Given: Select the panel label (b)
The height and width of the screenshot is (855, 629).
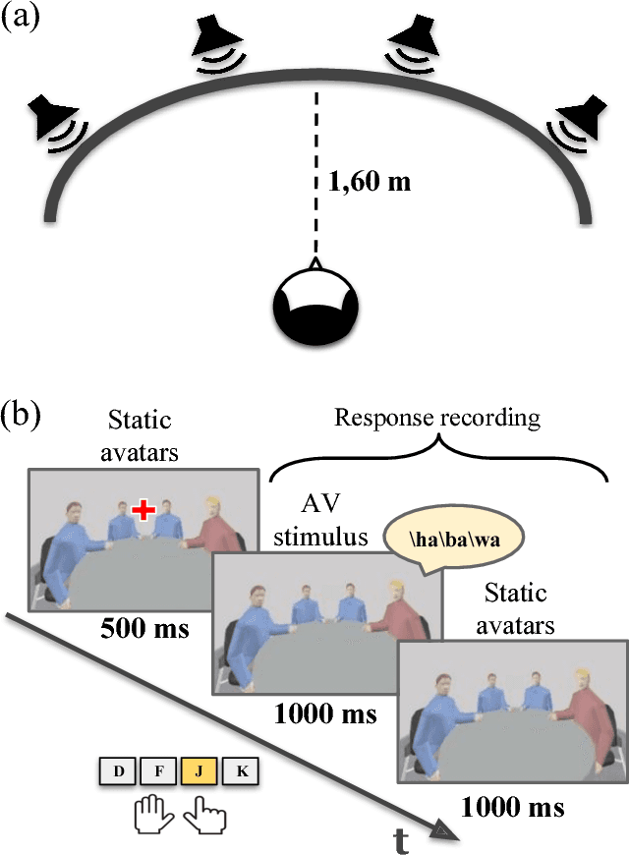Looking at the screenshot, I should (x=21, y=414).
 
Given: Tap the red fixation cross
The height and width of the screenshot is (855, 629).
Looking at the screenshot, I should (x=144, y=509).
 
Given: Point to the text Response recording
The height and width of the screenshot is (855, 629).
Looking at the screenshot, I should (x=437, y=417).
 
